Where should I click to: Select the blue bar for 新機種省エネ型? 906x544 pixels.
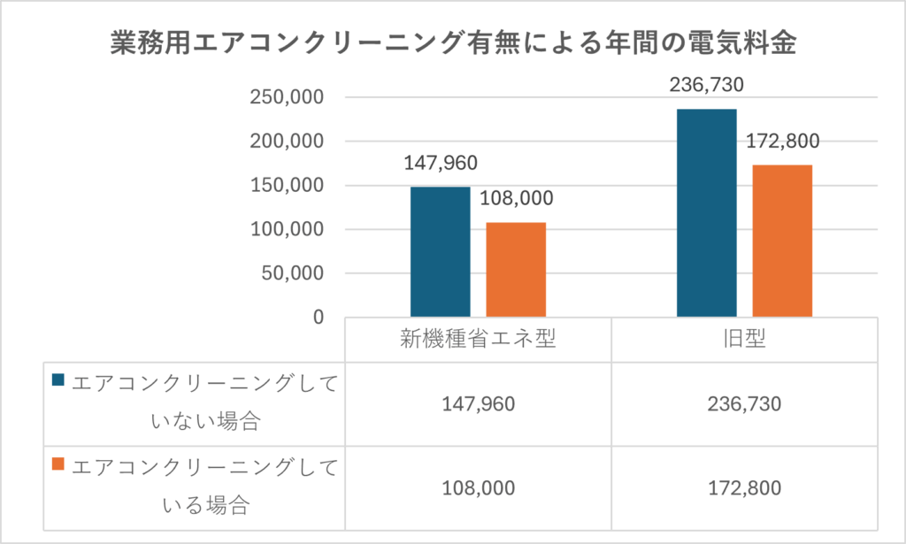click(440, 251)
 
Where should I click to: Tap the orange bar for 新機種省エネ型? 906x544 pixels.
click(516, 269)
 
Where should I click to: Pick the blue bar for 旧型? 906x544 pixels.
click(707, 212)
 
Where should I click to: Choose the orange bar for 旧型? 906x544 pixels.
click(782, 241)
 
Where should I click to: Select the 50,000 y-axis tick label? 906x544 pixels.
click(293, 273)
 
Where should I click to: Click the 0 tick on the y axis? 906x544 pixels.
click(318, 317)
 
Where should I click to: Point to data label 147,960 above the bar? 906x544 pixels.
click(440, 164)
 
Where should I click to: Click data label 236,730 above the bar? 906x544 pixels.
click(707, 85)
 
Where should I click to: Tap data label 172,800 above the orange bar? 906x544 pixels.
click(783, 141)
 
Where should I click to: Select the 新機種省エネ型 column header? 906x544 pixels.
click(478, 339)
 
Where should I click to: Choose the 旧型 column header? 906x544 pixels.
click(745, 339)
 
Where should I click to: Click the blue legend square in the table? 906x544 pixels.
click(59, 380)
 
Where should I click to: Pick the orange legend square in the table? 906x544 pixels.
click(59, 464)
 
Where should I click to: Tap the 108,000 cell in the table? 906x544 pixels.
click(478, 488)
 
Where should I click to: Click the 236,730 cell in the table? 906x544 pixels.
click(745, 404)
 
